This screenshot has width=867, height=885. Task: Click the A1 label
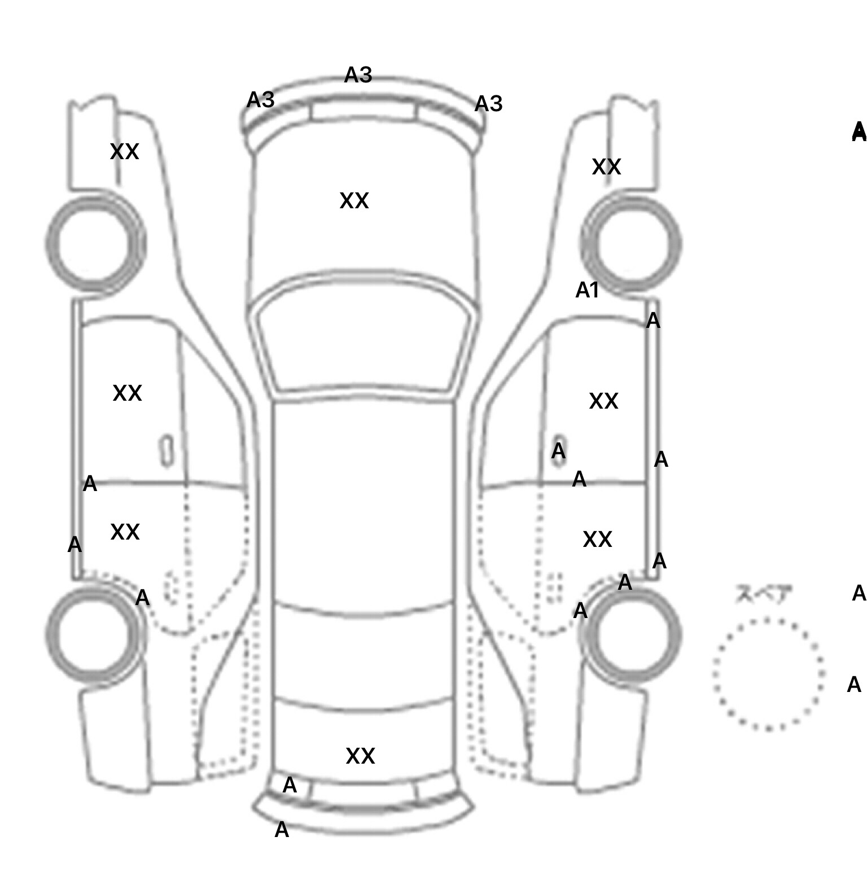pos(587,291)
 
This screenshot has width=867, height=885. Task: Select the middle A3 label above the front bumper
pos(358,75)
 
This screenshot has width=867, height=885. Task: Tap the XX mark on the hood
pos(354,201)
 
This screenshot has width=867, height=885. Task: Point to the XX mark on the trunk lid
pos(360,756)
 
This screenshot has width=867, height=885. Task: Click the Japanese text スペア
pos(764,594)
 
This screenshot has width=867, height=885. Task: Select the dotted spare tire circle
pos(768,674)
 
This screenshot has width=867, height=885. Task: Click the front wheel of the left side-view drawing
pos(95,244)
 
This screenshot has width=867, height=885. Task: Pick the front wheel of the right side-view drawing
pos(631,244)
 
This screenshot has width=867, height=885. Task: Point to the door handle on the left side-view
pos(167,450)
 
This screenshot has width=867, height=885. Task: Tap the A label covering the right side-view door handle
pos(558,451)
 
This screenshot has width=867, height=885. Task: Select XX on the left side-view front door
pos(127,393)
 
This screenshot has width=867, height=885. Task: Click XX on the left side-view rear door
pos(125,532)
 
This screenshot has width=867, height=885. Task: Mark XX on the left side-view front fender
pos(124,152)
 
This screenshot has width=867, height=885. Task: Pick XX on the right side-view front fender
pos(606,167)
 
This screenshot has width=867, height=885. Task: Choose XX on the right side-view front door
pos(603,401)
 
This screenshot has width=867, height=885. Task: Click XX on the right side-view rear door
pos(597,540)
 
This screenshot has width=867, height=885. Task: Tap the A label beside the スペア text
pos(859,593)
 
